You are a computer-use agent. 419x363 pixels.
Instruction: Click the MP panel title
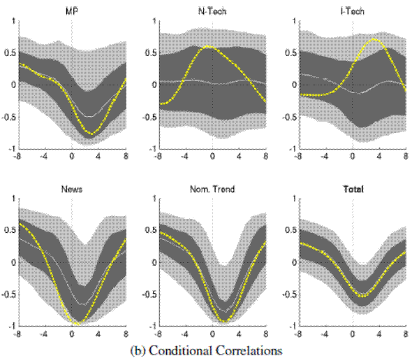tap(73, 11)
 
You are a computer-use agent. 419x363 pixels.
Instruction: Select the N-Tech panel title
tap(212, 11)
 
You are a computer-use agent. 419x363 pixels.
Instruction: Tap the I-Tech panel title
tap(353, 11)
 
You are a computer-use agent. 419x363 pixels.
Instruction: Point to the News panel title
tap(73, 189)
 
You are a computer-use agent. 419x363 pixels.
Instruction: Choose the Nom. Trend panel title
tap(212, 189)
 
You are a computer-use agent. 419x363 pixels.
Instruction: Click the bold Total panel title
tap(353, 189)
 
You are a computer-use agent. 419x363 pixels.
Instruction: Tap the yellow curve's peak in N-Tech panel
tap(209, 47)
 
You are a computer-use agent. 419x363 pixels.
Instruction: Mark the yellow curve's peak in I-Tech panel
tap(376, 39)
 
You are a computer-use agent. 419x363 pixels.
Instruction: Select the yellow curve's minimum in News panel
tap(76, 323)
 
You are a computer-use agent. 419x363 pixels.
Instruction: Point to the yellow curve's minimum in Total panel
tap(362, 296)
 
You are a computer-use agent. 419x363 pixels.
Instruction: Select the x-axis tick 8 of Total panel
tap(406, 333)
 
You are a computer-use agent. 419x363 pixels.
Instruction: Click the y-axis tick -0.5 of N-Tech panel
tap(150, 117)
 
